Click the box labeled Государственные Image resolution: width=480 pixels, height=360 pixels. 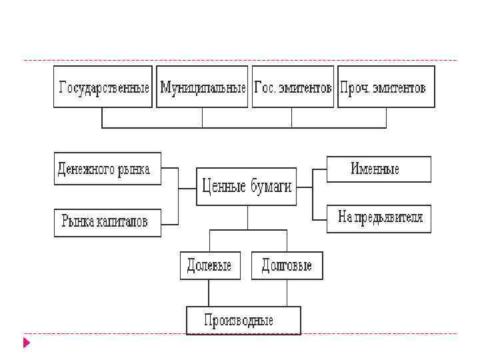[x=103, y=87]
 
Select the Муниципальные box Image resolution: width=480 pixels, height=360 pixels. [x=202, y=87]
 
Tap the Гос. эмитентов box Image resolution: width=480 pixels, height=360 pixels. [x=293, y=87]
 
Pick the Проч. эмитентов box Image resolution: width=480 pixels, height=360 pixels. [x=386, y=87]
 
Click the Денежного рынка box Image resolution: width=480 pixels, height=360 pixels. [x=107, y=169]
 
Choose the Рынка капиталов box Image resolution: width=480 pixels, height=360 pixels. [x=107, y=222]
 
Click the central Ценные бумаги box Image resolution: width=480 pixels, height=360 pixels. [x=247, y=187]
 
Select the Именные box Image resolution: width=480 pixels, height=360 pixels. [x=379, y=169]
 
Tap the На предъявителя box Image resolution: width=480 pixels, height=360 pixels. [x=379, y=219]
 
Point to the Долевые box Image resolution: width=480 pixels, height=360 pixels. [x=210, y=265]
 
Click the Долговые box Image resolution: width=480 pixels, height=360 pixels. [x=287, y=265]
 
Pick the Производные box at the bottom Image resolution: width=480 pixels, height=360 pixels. [x=243, y=320]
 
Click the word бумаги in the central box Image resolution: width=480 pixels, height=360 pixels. [x=271, y=187]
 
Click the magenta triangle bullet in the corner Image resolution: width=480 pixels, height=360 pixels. [x=27, y=343]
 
